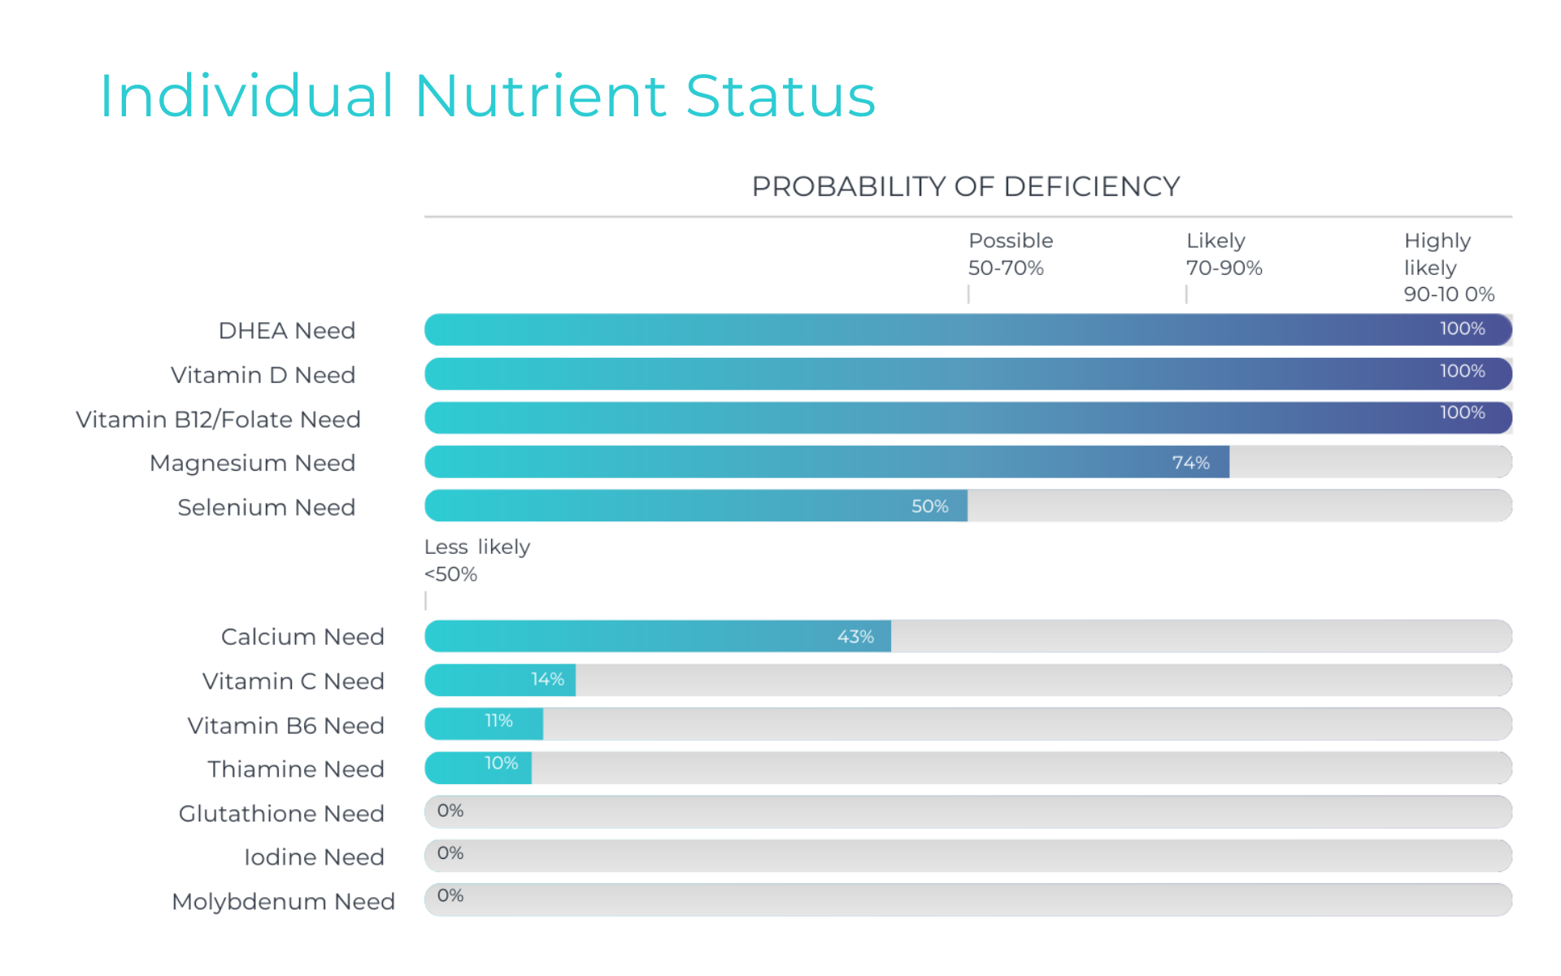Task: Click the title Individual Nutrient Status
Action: click(x=487, y=96)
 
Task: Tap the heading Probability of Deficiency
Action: click(x=965, y=186)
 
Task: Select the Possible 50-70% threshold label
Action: click(x=1010, y=254)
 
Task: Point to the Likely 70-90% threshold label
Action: click(x=1224, y=254)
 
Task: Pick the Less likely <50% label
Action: click(x=476, y=560)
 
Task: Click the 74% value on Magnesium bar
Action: click(x=1190, y=463)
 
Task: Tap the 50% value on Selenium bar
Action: click(x=929, y=507)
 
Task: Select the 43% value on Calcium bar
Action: click(x=855, y=637)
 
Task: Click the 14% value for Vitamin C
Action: click(x=547, y=679)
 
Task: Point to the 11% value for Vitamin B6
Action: click(x=498, y=721)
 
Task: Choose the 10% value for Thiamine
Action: click(x=501, y=764)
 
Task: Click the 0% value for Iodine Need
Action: click(x=450, y=853)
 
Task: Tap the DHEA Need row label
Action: click(x=286, y=331)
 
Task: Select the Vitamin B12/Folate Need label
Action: click(x=218, y=420)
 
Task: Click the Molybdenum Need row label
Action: click(x=283, y=902)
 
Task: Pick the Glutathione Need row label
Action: click(x=281, y=813)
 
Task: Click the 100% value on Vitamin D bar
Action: click(x=1462, y=371)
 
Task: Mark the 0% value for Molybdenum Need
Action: click(x=450, y=895)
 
